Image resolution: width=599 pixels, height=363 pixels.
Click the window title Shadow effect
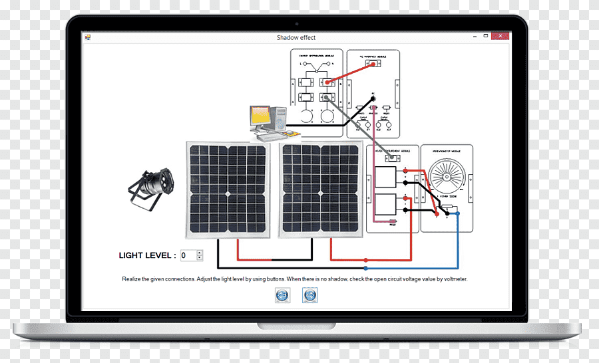[x=296, y=38]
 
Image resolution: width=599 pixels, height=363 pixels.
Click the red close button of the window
[x=500, y=37]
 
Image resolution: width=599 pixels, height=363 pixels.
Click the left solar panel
[x=228, y=189]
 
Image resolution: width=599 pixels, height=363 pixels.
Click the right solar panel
[x=321, y=189]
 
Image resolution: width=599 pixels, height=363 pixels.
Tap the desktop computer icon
[x=268, y=122]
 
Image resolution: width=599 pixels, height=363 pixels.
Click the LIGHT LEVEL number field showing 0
[x=188, y=255]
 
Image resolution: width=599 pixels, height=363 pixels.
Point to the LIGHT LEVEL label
[x=147, y=255]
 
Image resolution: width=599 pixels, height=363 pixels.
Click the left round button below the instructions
[x=282, y=295]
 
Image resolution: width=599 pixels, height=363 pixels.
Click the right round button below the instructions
[x=310, y=295]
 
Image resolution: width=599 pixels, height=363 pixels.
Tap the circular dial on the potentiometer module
[x=447, y=174]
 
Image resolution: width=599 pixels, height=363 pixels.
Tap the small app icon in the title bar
[x=87, y=37]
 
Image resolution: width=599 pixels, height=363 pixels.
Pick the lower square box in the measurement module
[x=385, y=205]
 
